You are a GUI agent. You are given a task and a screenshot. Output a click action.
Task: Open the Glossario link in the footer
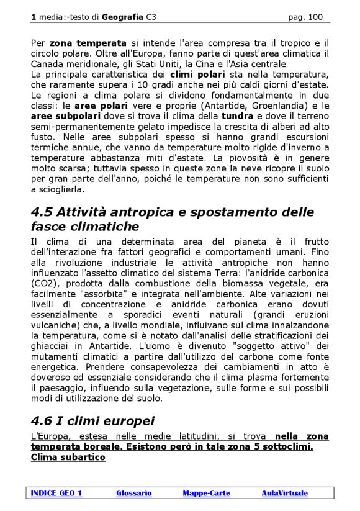coord(133,493)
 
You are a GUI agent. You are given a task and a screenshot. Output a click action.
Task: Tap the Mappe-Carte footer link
coord(206,493)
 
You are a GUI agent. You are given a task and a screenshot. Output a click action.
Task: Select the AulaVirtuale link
coord(284,493)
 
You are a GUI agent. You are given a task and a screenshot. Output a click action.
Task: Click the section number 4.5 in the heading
coord(43,212)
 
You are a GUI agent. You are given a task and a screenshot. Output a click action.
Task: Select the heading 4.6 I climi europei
coord(92,421)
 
